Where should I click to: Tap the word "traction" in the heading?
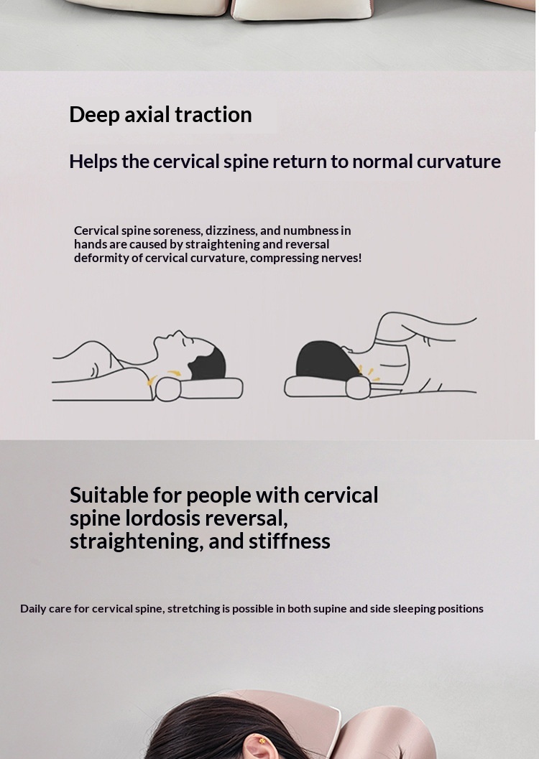[x=213, y=115]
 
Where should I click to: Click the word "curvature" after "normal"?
[x=459, y=162]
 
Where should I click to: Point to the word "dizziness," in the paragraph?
[x=231, y=231]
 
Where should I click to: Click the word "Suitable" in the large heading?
[x=109, y=495]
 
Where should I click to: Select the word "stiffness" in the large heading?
[x=289, y=541]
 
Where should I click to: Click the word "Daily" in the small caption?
[x=32, y=609]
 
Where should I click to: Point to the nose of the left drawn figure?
[x=179, y=332]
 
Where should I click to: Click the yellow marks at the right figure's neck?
[x=366, y=371]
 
